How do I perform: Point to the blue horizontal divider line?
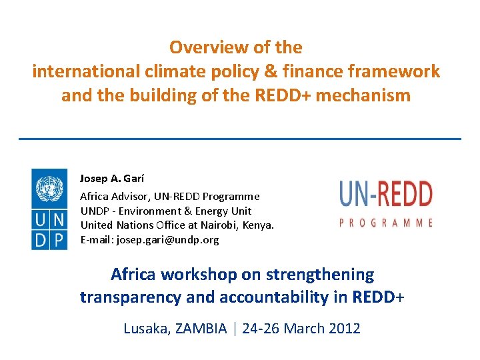[x=240, y=139]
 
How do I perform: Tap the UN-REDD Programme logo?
[x=386, y=203]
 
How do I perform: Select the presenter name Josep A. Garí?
[x=112, y=179]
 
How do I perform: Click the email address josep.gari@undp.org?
[x=167, y=239]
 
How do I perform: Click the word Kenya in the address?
[x=257, y=225]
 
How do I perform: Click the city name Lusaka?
[x=147, y=328]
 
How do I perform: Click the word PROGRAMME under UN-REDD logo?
[x=386, y=223]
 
